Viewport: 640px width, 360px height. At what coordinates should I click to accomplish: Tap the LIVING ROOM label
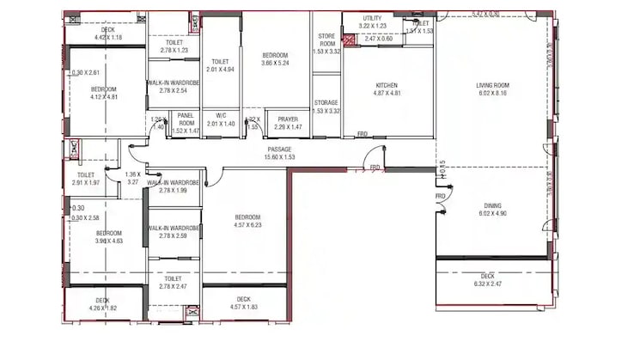pos(493,85)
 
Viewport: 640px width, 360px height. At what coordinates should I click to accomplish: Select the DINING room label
pos(493,205)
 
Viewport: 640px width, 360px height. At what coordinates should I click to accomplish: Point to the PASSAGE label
pos(280,149)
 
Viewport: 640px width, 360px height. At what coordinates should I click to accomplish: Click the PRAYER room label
pos(287,119)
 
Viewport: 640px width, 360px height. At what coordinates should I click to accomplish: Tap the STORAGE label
pos(326,102)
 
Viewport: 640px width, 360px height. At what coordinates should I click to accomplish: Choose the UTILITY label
pos(372,18)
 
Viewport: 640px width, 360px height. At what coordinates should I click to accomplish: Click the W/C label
pos(221,115)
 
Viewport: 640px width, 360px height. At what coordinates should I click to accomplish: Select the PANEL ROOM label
pos(186,119)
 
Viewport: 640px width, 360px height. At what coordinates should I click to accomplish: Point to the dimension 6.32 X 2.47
pos(488,284)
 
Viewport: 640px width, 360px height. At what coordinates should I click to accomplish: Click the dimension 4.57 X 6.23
pos(247,225)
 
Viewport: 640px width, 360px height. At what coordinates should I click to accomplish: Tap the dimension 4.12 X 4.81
pos(104,96)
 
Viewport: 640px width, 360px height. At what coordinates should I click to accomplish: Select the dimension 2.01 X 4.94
pos(221,70)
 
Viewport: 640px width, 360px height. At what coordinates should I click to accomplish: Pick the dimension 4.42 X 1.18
pos(107,37)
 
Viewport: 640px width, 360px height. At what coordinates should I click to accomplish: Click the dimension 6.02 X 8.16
pos(493,93)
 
